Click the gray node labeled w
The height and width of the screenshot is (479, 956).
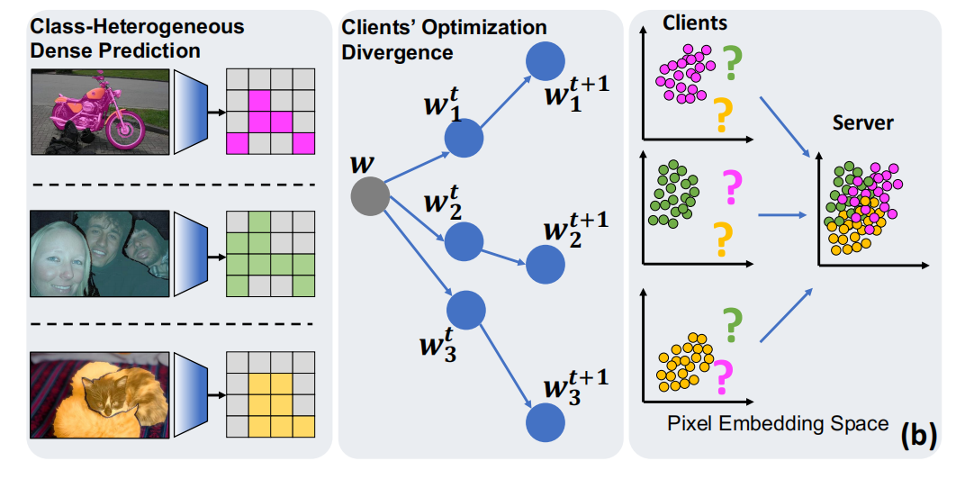click(x=369, y=195)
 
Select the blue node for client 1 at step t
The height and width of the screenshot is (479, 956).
click(x=464, y=139)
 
